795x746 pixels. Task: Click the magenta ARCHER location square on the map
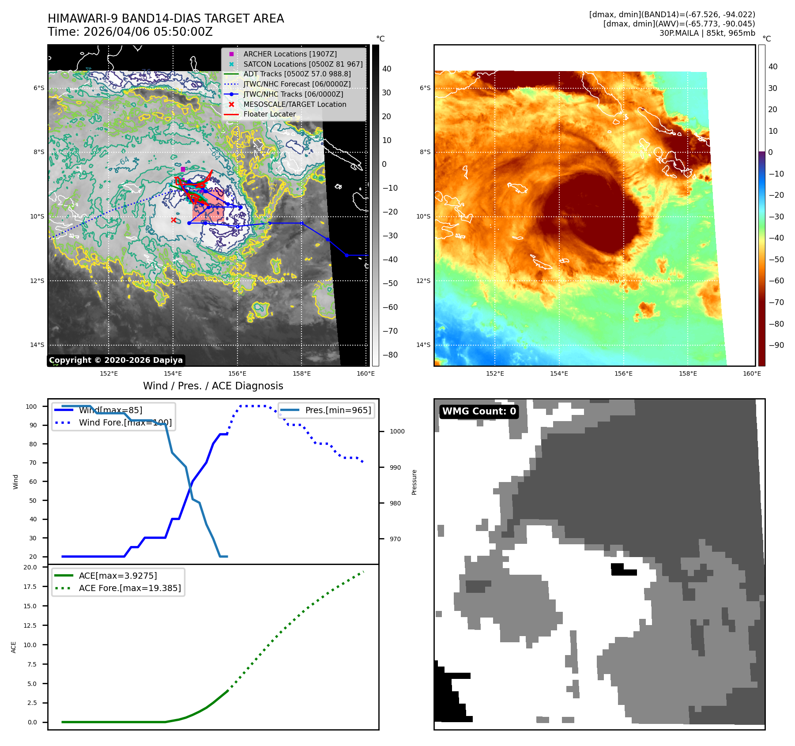pos(183,169)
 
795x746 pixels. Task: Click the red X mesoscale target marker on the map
pos(173,220)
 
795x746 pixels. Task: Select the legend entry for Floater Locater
pos(269,114)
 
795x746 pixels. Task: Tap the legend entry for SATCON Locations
pos(303,64)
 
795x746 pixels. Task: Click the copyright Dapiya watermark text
pos(116,360)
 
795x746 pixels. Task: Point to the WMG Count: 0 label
pos(479,411)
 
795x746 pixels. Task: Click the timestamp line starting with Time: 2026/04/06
pos(130,32)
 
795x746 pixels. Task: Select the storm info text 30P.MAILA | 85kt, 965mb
pos(707,33)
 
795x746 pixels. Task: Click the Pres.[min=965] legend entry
pos(338,410)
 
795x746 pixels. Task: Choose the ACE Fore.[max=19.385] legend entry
pos(130,588)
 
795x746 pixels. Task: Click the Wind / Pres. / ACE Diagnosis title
pos(213,386)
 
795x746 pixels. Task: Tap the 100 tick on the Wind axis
pos(31,407)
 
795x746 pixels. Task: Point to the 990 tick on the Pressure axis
pos(395,467)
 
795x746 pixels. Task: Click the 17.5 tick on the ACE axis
pos(30,587)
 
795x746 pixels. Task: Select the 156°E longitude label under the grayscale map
pos(237,373)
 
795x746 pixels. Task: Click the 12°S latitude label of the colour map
pos(423,281)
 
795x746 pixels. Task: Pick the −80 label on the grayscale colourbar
pos(390,355)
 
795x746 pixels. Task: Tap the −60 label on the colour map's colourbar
pos(776,281)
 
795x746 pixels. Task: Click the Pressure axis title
pos(414,482)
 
